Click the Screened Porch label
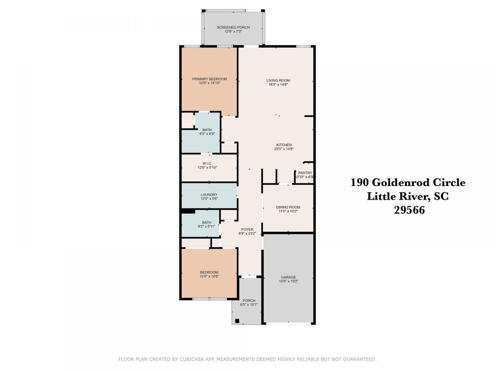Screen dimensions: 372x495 [x=233, y=27]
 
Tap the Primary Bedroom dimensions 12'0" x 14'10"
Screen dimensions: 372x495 [x=209, y=83]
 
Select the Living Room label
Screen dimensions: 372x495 [x=278, y=81]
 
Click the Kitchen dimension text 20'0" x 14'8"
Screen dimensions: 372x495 [x=284, y=149]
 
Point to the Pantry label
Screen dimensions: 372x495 [x=305, y=173]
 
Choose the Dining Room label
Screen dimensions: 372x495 [x=288, y=207]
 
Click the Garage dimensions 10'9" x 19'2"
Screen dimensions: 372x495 [x=288, y=281]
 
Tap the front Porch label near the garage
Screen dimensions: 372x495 [x=249, y=300]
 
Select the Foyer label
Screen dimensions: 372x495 [x=247, y=229]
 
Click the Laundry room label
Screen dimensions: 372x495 [x=209, y=195]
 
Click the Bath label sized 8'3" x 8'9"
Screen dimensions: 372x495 [x=207, y=130]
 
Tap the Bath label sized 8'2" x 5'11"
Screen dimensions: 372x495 [x=207, y=222]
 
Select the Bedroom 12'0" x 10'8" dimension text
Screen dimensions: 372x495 [x=209, y=276]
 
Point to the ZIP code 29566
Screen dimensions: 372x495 [x=409, y=210]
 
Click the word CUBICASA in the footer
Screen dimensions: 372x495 [x=191, y=359]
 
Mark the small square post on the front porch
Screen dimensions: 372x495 [x=237, y=321]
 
